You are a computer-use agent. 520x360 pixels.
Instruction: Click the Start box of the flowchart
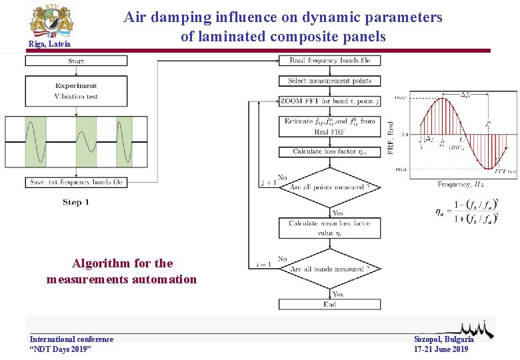[x=76, y=61]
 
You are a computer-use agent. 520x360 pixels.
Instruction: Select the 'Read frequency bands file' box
[x=329, y=61]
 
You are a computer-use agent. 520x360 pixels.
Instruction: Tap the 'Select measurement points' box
[x=329, y=81]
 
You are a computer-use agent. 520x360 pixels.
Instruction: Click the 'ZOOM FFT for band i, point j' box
[x=329, y=101]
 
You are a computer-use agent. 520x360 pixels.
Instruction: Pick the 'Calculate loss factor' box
[x=329, y=151]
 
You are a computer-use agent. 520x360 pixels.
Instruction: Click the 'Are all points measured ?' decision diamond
[x=329, y=187]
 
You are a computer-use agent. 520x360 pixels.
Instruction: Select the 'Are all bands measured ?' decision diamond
[x=329, y=269]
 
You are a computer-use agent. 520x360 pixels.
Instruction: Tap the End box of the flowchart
[x=329, y=304]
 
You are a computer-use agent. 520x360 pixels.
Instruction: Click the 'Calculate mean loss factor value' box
[x=329, y=228]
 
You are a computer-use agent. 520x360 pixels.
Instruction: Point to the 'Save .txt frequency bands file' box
[x=76, y=182]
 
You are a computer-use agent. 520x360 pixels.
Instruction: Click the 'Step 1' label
[x=76, y=202]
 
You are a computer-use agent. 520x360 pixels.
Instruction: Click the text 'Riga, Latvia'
[x=49, y=45]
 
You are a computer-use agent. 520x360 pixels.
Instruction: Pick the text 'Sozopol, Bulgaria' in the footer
[x=443, y=339]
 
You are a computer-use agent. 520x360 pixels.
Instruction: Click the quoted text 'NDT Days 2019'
[x=61, y=349]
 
